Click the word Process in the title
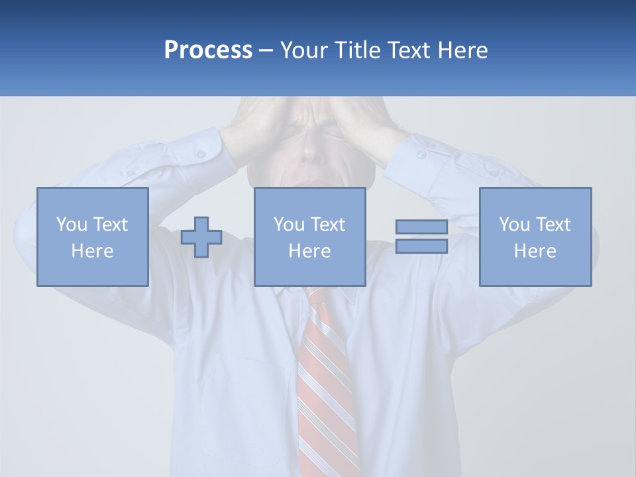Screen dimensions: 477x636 pyautogui.click(x=208, y=50)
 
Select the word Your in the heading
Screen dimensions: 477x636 pyautogui.click(x=304, y=50)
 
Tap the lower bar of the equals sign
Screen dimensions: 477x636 pyautogui.click(x=421, y=246)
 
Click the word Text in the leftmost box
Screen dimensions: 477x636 pyautogui.click(x=110, y=225)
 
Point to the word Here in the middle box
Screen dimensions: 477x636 pyautogui.click(x=309, y=251)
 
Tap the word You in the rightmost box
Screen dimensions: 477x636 pyautogui.click(x=514, y=225)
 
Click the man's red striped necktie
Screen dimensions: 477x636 pyautogui.click(x=324, y=384)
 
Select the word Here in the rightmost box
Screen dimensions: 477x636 pyautogui.click(x=535, y=251)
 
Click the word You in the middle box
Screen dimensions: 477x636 pyautogui.click(x=289, y=225)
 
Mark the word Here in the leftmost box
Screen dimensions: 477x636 pyautogui.click(x=92, y=251)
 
